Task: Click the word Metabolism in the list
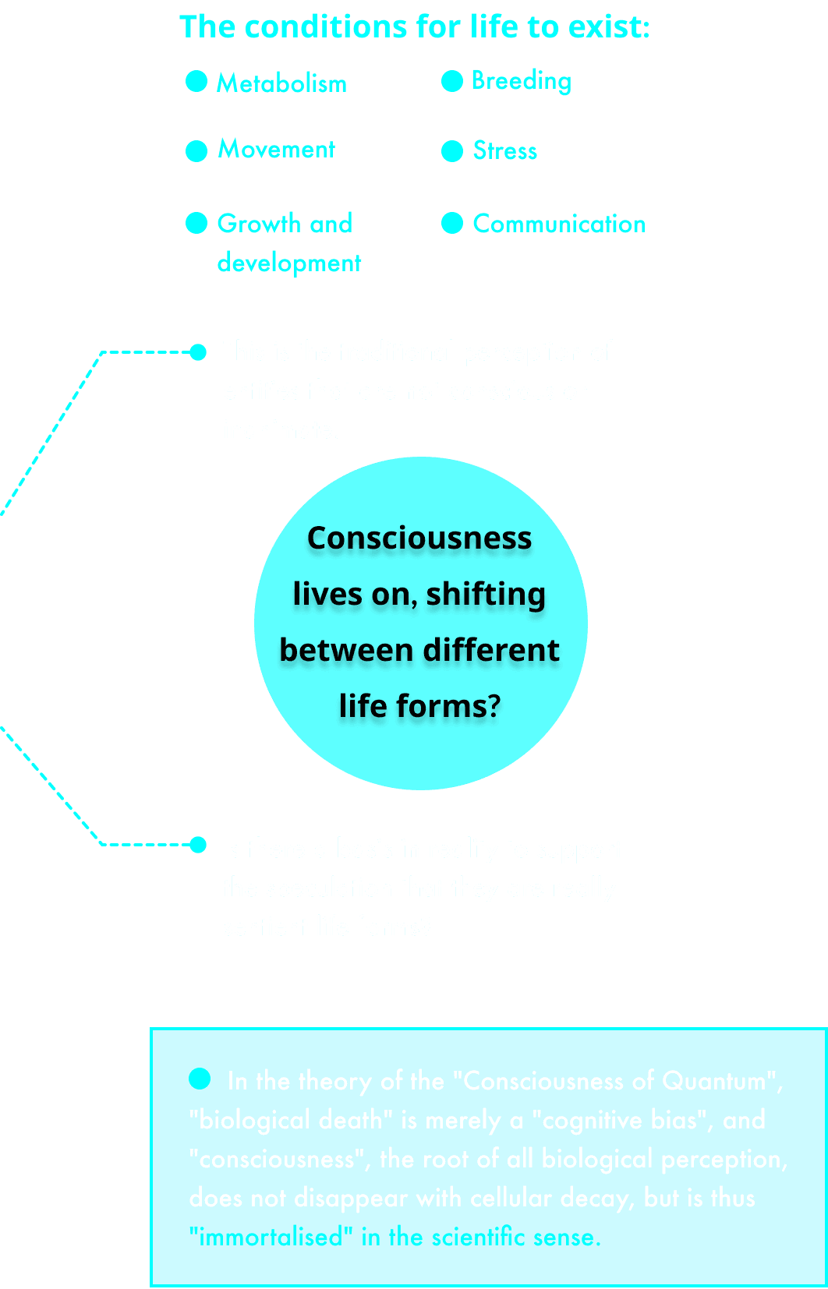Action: point(281,83)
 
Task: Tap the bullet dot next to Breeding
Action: point(452,81)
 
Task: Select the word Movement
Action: point(276,149)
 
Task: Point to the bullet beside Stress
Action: point(452,151)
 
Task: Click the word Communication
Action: point(559,224)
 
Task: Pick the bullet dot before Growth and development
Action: point(196,223)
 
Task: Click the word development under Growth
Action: point(289,263)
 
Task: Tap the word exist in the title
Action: point(608,26)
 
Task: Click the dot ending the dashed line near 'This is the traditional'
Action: point(198,352)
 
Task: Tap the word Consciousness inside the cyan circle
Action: point(419,538)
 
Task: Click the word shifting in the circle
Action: point(485,594)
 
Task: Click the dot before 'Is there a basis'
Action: point(198,845)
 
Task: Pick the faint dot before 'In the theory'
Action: point(200,1079)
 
